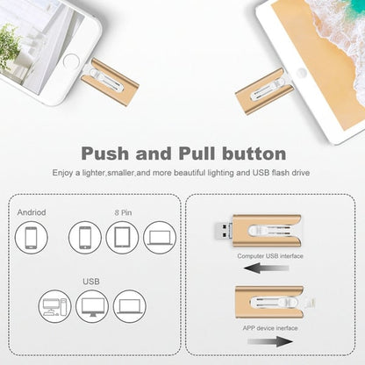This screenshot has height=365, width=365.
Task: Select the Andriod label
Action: click(33, 212)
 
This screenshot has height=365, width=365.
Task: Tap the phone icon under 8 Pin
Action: click(86, 238)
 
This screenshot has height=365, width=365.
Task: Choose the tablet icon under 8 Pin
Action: click(122, 238)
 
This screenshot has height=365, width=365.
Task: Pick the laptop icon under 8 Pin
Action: click(159, 238)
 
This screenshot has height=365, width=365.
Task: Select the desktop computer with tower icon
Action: click(55, 306)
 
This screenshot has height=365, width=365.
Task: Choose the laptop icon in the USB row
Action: click(129, 306)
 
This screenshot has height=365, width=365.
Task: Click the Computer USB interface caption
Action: click(271, 255)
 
